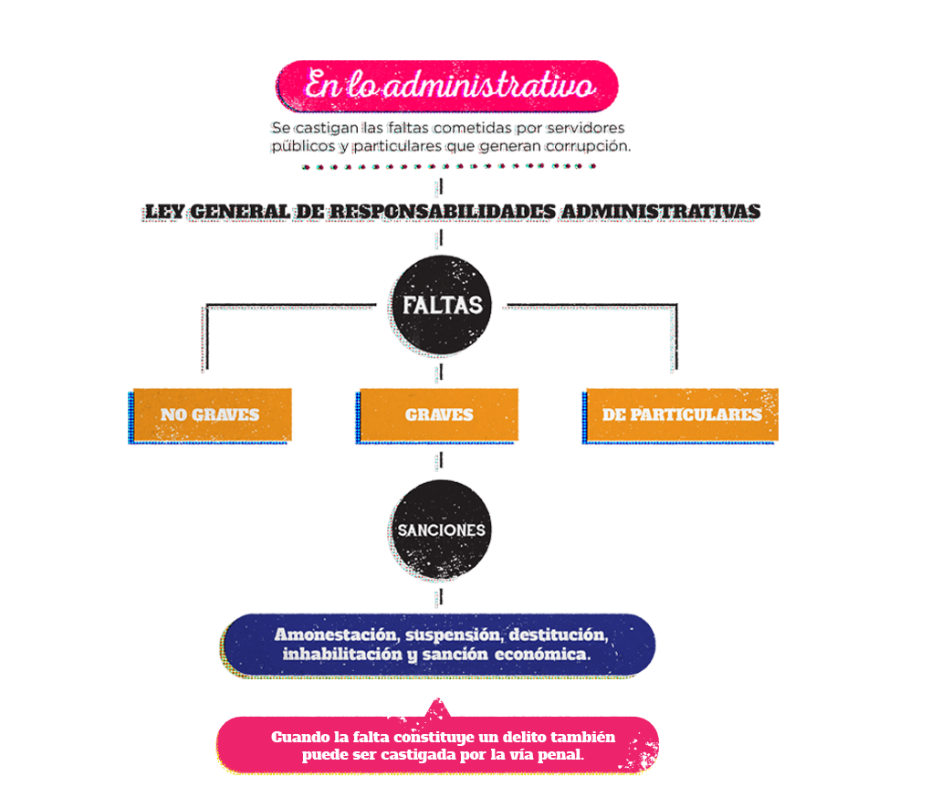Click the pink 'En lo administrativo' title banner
click(x=447, y=86)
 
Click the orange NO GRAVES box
click(x=210, y=414)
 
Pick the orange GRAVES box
click(x=439, y=414)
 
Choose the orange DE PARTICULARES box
click(x=681, y=414)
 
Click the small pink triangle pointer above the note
click(x=439, y=708)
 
